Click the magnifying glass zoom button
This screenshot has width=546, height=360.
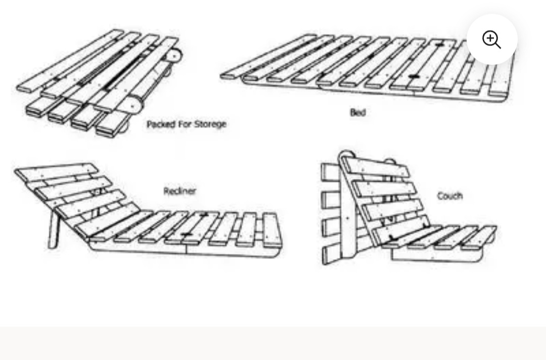[x=492, y=39]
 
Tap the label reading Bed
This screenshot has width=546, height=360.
[x=357, y=112]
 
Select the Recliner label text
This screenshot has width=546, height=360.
[x=179, y=191]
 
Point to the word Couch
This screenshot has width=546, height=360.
[x=449, y=196]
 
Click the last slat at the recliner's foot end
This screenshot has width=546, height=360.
[x=271, y=230]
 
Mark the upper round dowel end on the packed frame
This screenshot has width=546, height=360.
[x=173, y=55]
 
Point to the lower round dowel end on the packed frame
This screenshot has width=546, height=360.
[x=134, y=105]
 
